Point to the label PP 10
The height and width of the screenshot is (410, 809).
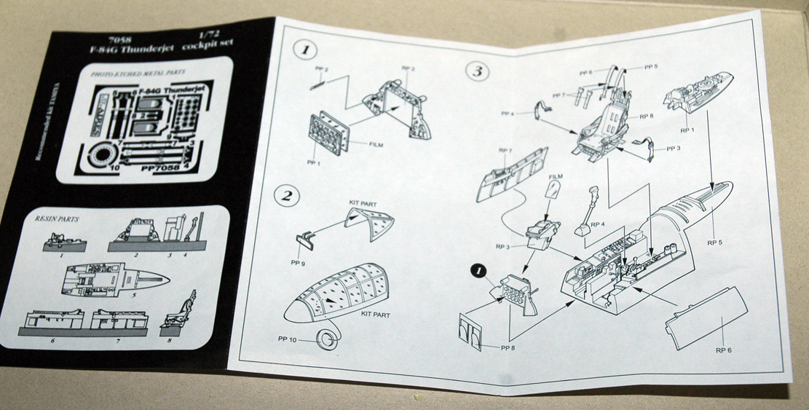coord(290,339)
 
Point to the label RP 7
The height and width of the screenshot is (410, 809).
coord(505,151)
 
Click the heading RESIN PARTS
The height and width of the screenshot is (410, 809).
coord(57,217)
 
